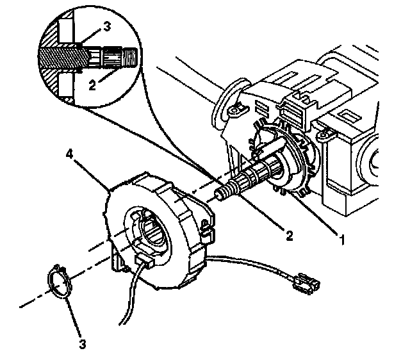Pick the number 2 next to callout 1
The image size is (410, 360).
289,236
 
